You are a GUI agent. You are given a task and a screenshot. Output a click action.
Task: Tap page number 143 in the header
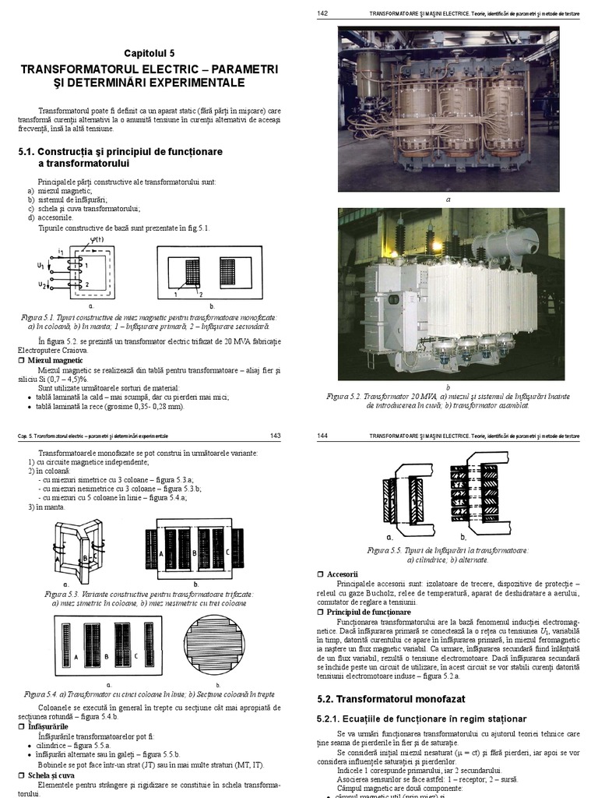pos(275,436)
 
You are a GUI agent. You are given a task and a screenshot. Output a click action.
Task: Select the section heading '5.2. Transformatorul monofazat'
pos(390,700)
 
